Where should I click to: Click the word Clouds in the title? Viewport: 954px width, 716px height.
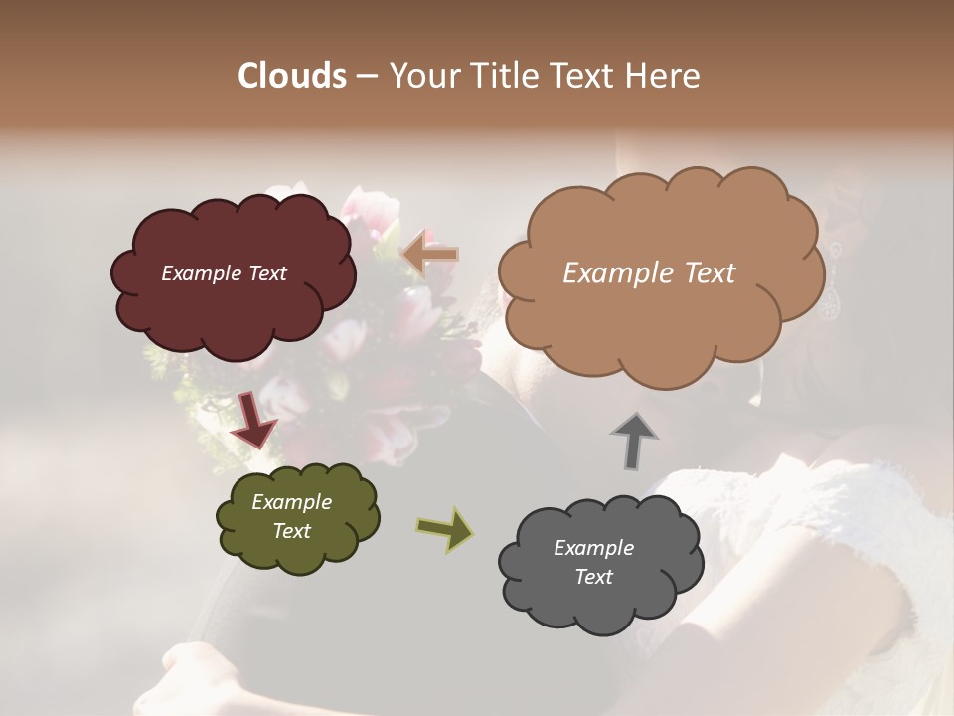click(x=291, y=76)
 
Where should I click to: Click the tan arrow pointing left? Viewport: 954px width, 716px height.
click(x=430, y=254)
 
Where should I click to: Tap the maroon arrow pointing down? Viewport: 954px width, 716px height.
click(x=252, y=419)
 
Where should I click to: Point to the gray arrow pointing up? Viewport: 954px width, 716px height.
click(x=634, y=440)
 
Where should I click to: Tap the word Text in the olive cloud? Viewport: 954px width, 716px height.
click(x=292, y=531)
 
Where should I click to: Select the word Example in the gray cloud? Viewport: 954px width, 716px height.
click(x=593, y=548)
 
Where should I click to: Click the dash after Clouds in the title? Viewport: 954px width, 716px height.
click(x=366, y=77)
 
